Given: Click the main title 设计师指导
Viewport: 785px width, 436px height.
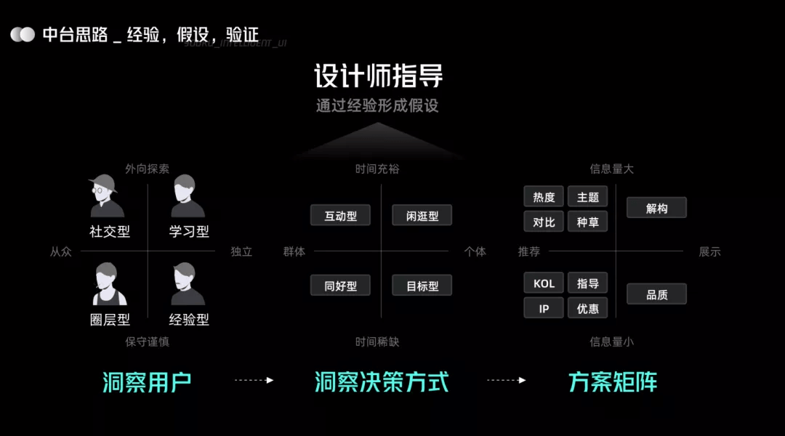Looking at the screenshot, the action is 378,76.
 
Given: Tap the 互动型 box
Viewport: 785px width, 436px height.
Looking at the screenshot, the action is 340,216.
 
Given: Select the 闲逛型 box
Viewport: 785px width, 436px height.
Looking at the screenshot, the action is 422,216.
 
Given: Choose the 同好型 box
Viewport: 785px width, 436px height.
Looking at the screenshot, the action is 340,286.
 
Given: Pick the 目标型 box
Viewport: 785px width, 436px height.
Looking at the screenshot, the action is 422,286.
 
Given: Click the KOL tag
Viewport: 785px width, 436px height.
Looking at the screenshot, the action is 544,283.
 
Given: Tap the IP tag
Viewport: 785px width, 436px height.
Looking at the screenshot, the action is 544,308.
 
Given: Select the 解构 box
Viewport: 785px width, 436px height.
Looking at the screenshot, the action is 656,209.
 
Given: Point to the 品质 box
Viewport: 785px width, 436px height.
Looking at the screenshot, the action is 656,294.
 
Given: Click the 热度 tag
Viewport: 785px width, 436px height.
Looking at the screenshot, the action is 544,197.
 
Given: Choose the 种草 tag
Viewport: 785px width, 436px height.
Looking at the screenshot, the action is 587,222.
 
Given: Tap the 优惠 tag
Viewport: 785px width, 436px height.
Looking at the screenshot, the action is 587,308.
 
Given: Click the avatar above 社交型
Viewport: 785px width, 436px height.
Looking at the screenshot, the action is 107,198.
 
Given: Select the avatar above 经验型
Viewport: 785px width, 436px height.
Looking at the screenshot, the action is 188,285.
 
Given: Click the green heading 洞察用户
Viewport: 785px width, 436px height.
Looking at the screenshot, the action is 147,381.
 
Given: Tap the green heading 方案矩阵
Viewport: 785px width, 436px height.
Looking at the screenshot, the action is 613,381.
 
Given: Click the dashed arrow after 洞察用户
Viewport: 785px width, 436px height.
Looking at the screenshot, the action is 254,380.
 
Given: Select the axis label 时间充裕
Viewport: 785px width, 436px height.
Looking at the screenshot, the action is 377,169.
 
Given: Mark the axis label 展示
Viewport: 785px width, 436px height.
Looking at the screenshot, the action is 709,252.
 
